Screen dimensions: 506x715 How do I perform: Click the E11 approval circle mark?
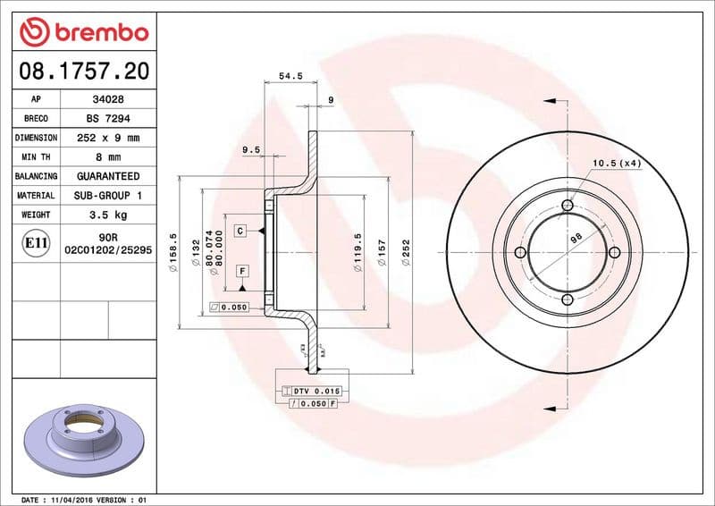click(36, 242)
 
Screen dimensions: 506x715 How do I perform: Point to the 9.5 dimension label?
click(251, 150)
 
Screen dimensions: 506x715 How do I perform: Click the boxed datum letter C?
click(240, 231)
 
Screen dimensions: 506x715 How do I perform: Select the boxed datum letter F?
click(241, 270)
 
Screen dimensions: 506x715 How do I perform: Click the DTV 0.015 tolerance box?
click(316, 392)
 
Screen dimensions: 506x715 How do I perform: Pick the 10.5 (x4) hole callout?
click(618, 163)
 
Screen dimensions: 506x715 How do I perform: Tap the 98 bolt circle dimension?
click(576, 237)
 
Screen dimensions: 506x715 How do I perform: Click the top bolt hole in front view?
click(567, 207)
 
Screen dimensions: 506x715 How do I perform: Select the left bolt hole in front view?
click(520, 253)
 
